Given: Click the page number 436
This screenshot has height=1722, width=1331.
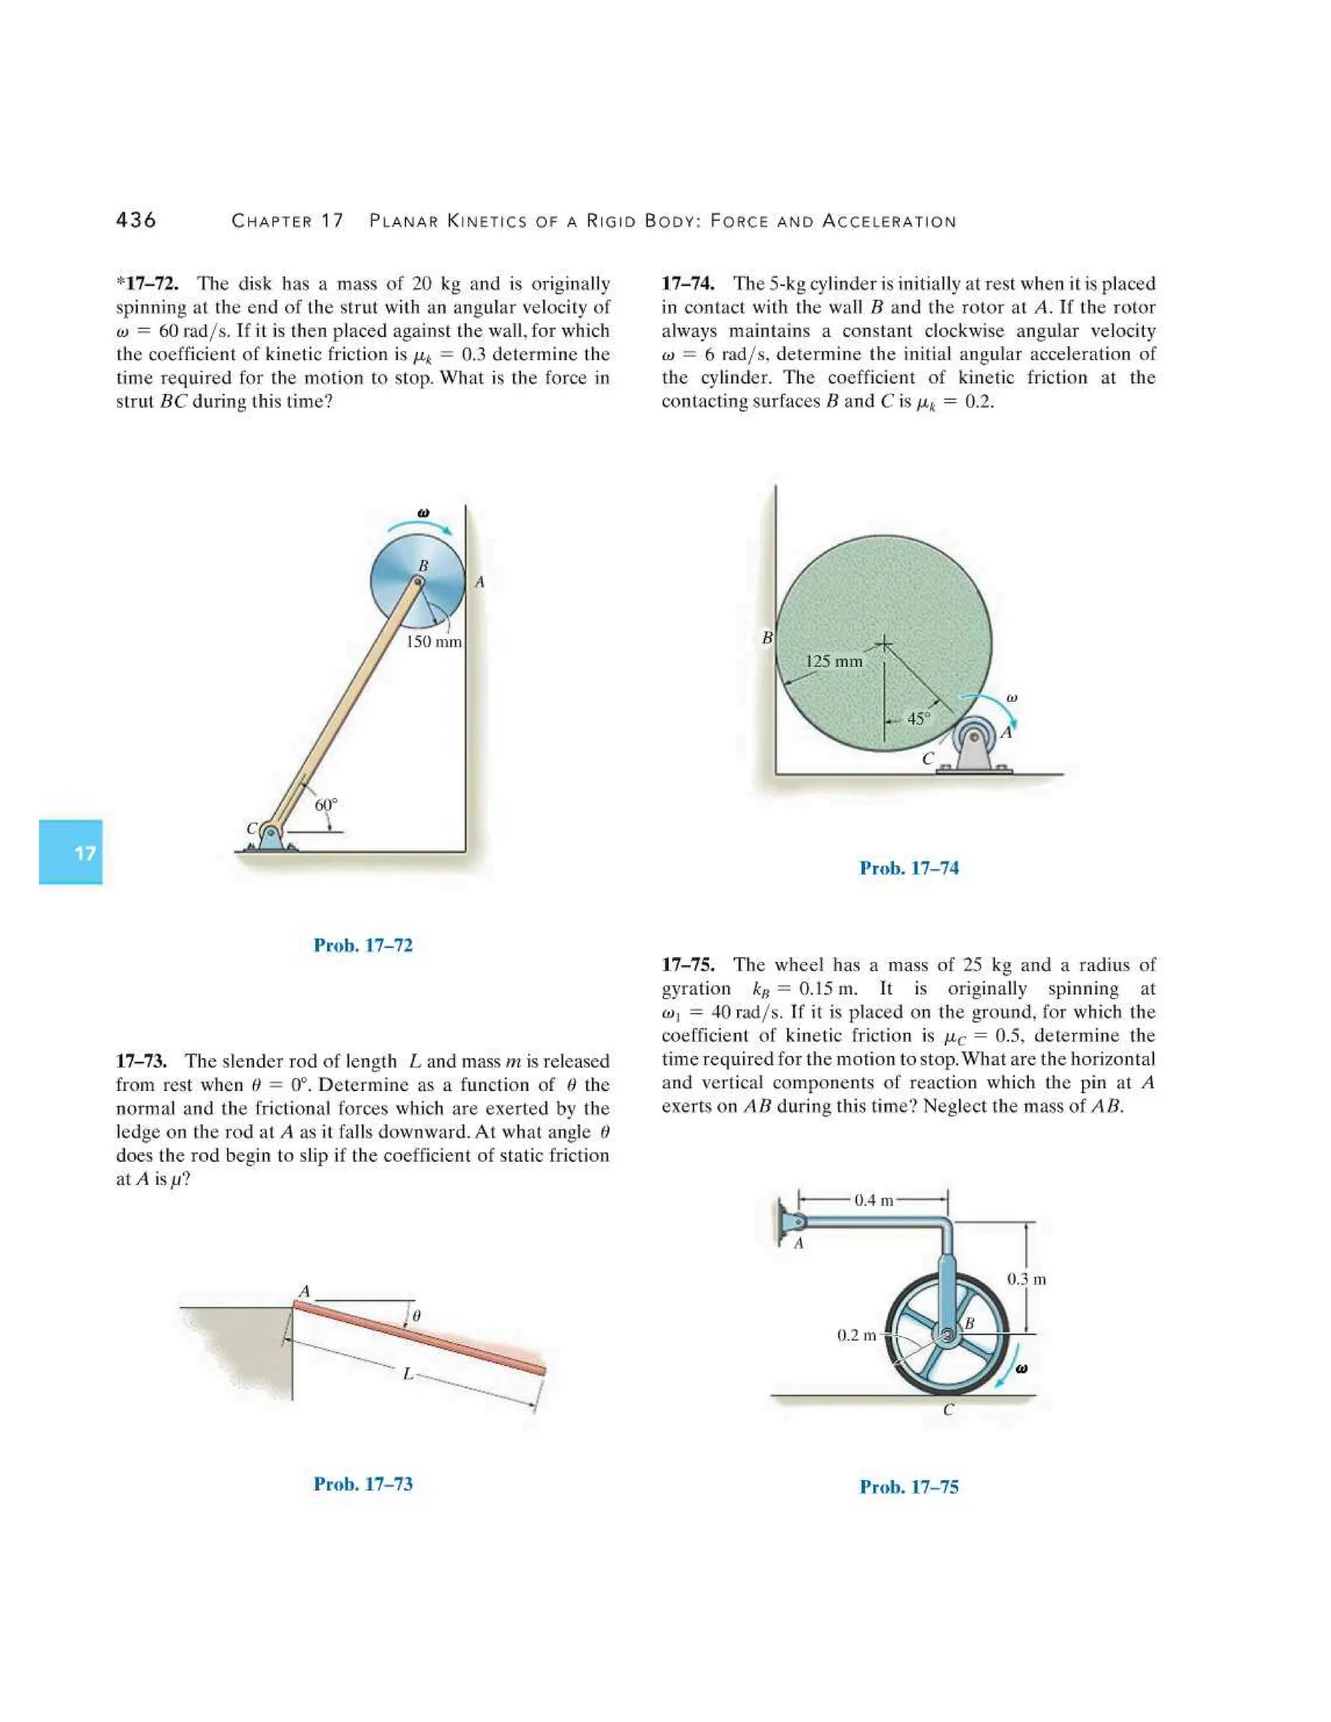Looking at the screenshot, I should (x=136, y=220).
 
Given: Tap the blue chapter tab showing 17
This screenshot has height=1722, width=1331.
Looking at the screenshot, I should (x=71, y=853).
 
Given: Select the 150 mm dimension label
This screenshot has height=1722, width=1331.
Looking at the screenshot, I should (x=433, y=642).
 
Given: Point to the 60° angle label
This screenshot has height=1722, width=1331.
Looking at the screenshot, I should (x=326, y=805).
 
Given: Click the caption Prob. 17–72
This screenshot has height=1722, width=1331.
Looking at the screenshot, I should (x=363, y=945).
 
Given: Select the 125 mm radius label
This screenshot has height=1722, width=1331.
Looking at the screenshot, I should (x=833, y=661).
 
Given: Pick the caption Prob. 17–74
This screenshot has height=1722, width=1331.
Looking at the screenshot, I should (x=909, y=868).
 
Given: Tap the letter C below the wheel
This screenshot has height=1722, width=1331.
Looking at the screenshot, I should (x=949, y=1410).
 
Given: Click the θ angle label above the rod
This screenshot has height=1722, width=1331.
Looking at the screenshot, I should (x=417, y=1315).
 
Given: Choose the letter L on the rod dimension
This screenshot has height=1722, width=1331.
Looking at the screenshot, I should (x=407, y=1374).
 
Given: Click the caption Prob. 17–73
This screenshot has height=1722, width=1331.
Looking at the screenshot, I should (x=363, y=1484).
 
